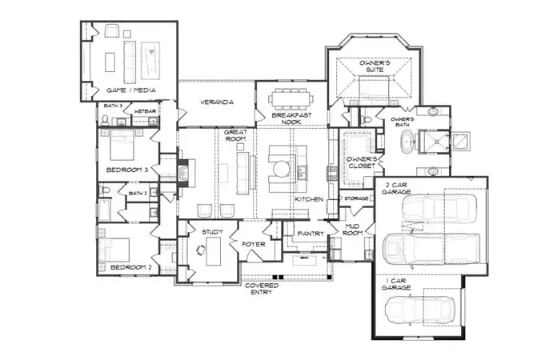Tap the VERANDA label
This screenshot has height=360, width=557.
point(216,102)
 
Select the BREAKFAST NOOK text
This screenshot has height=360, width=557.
point(291,118)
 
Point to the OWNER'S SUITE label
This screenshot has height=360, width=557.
point(374,66)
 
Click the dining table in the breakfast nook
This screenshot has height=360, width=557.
point(291,98)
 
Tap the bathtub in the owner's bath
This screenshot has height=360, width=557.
point(407,145)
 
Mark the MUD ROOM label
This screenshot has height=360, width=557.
point(353,230)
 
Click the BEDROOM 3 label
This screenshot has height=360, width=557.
point(128,170)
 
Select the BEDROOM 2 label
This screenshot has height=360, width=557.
point(128,266)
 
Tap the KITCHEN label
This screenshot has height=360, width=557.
point(308,198)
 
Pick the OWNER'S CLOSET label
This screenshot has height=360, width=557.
point(360,162)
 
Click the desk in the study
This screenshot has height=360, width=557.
point(212,252)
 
